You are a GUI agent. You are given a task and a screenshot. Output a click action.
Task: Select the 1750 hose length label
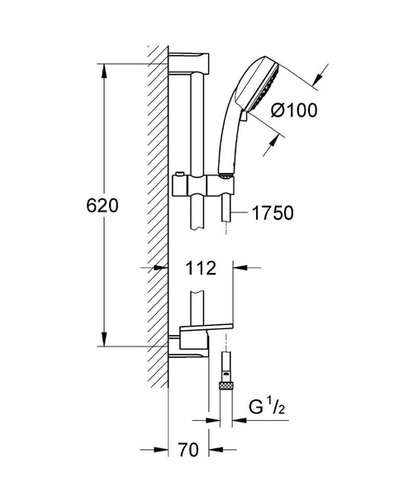click(273, 213)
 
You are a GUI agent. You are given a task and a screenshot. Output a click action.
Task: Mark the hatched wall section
click(159, 207)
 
